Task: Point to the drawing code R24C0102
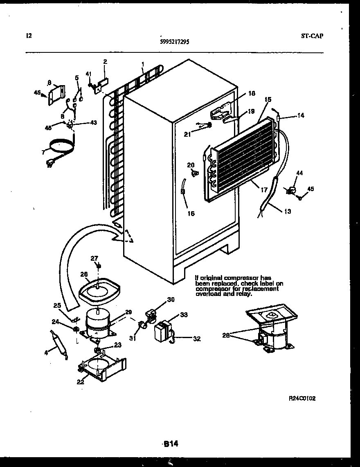point(302,398)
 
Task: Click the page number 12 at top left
point(28,36)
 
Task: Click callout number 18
point(252,94)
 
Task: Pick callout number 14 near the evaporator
point(301,116)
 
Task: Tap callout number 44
point(300,174)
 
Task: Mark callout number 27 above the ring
point(94,258)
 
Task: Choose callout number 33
point(184,314)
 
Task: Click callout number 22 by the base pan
point(80,382)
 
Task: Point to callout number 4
point(47,352)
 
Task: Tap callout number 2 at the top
point(105,62)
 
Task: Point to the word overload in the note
point(207,294)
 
